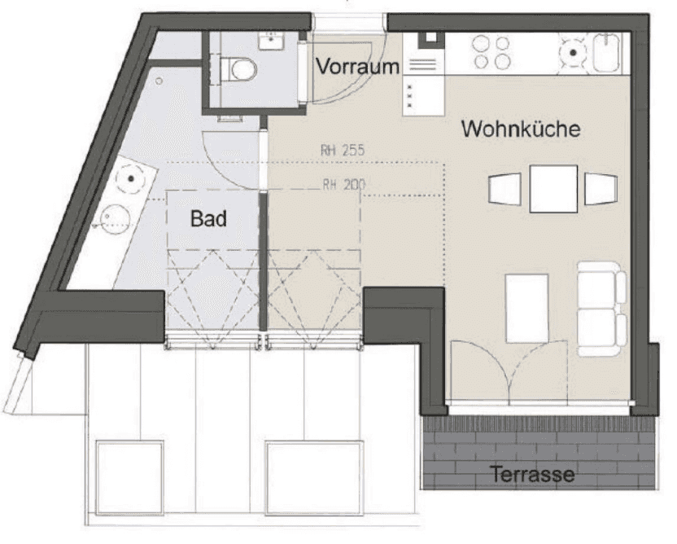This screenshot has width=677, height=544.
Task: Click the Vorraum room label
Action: point(357,67)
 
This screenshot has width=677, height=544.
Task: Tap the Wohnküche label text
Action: point(521,129)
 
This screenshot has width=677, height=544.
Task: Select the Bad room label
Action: point(208,218)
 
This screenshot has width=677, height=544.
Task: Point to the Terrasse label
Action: point(533,474)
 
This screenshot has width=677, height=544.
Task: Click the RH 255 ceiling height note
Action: point(343,150)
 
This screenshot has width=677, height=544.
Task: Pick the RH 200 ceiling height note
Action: point(344,185)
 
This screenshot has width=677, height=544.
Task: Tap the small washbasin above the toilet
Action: point(271,41)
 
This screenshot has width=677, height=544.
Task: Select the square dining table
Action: point(553,189)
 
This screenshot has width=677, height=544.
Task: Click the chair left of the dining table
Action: point(504,189)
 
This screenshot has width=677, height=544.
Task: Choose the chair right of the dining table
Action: point(601,189)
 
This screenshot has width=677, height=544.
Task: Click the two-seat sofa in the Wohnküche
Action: point(602,309)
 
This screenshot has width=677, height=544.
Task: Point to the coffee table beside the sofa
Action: point(527,308)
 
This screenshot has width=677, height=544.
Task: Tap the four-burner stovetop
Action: point(491,52)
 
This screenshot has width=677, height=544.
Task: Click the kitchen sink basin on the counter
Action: point(607,52)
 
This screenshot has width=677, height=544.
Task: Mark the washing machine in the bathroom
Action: point(131,178)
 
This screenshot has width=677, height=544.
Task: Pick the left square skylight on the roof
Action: point(129,477)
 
